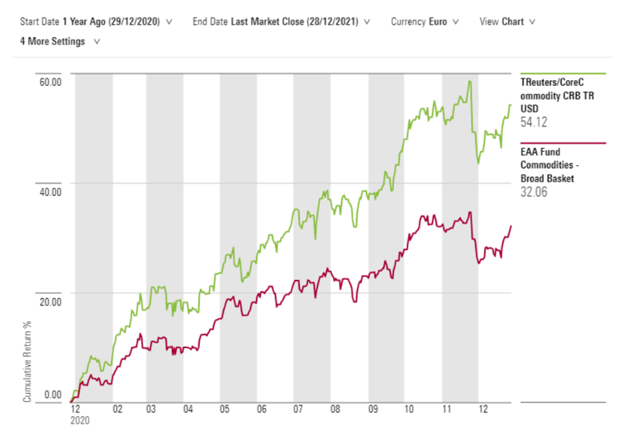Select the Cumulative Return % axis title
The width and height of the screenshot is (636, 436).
click(28, 361)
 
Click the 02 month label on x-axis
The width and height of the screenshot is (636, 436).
click(116, 409)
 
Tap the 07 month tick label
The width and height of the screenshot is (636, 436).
click(298, 409)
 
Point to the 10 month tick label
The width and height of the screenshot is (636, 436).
click(408, 409)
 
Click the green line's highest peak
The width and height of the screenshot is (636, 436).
click(469, 81)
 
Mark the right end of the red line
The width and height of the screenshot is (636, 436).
click(511, 225)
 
